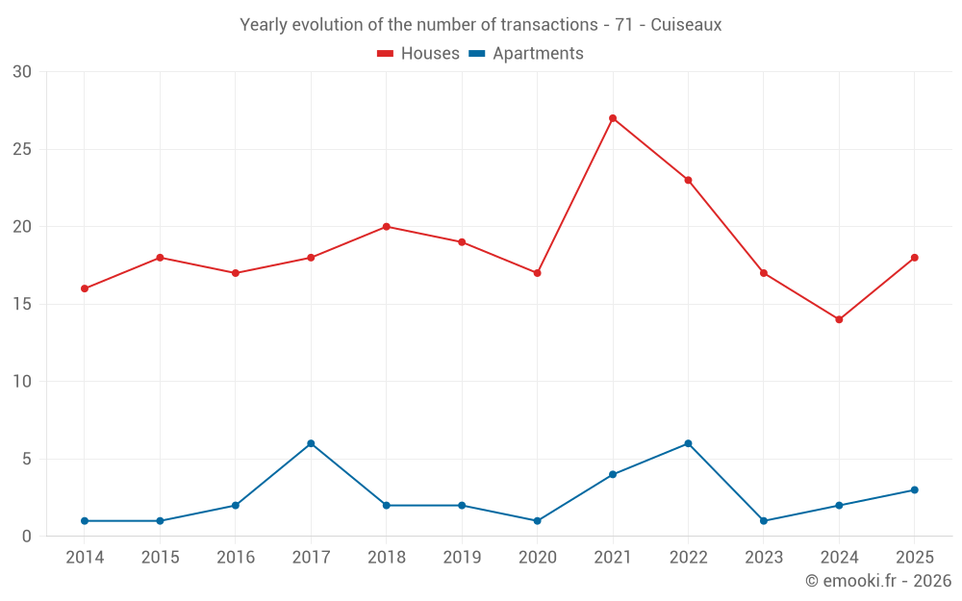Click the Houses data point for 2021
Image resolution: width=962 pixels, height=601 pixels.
coord(613,118)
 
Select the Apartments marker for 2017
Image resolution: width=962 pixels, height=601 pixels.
coord(311,443)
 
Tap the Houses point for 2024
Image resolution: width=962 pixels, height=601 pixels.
coord(839,319)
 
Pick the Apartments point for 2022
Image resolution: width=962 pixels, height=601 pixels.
coord(688,443)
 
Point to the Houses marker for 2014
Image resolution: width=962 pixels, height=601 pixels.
coord(85,288)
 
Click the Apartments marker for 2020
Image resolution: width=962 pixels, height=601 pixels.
coord(537,521)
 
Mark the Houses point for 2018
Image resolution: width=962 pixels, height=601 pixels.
coord(386,227)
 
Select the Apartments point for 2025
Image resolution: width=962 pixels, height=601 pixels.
coord(914,490)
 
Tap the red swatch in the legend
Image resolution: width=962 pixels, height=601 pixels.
coord(386,54)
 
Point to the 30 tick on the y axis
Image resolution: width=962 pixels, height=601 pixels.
coord(22,72)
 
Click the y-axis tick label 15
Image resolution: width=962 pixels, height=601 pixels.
coord(22,305)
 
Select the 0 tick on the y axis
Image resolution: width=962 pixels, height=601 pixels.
coord(27,537)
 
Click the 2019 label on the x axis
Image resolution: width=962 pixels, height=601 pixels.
coord(462,558)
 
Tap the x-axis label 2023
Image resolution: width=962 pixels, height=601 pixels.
coord(763,558)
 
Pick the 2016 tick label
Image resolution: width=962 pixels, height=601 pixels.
coord(236,558)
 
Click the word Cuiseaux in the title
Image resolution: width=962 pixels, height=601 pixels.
coord(686,25)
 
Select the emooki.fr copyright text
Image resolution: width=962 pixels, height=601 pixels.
coord(877,581)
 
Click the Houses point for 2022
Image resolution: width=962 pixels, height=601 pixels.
coord(688,180)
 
